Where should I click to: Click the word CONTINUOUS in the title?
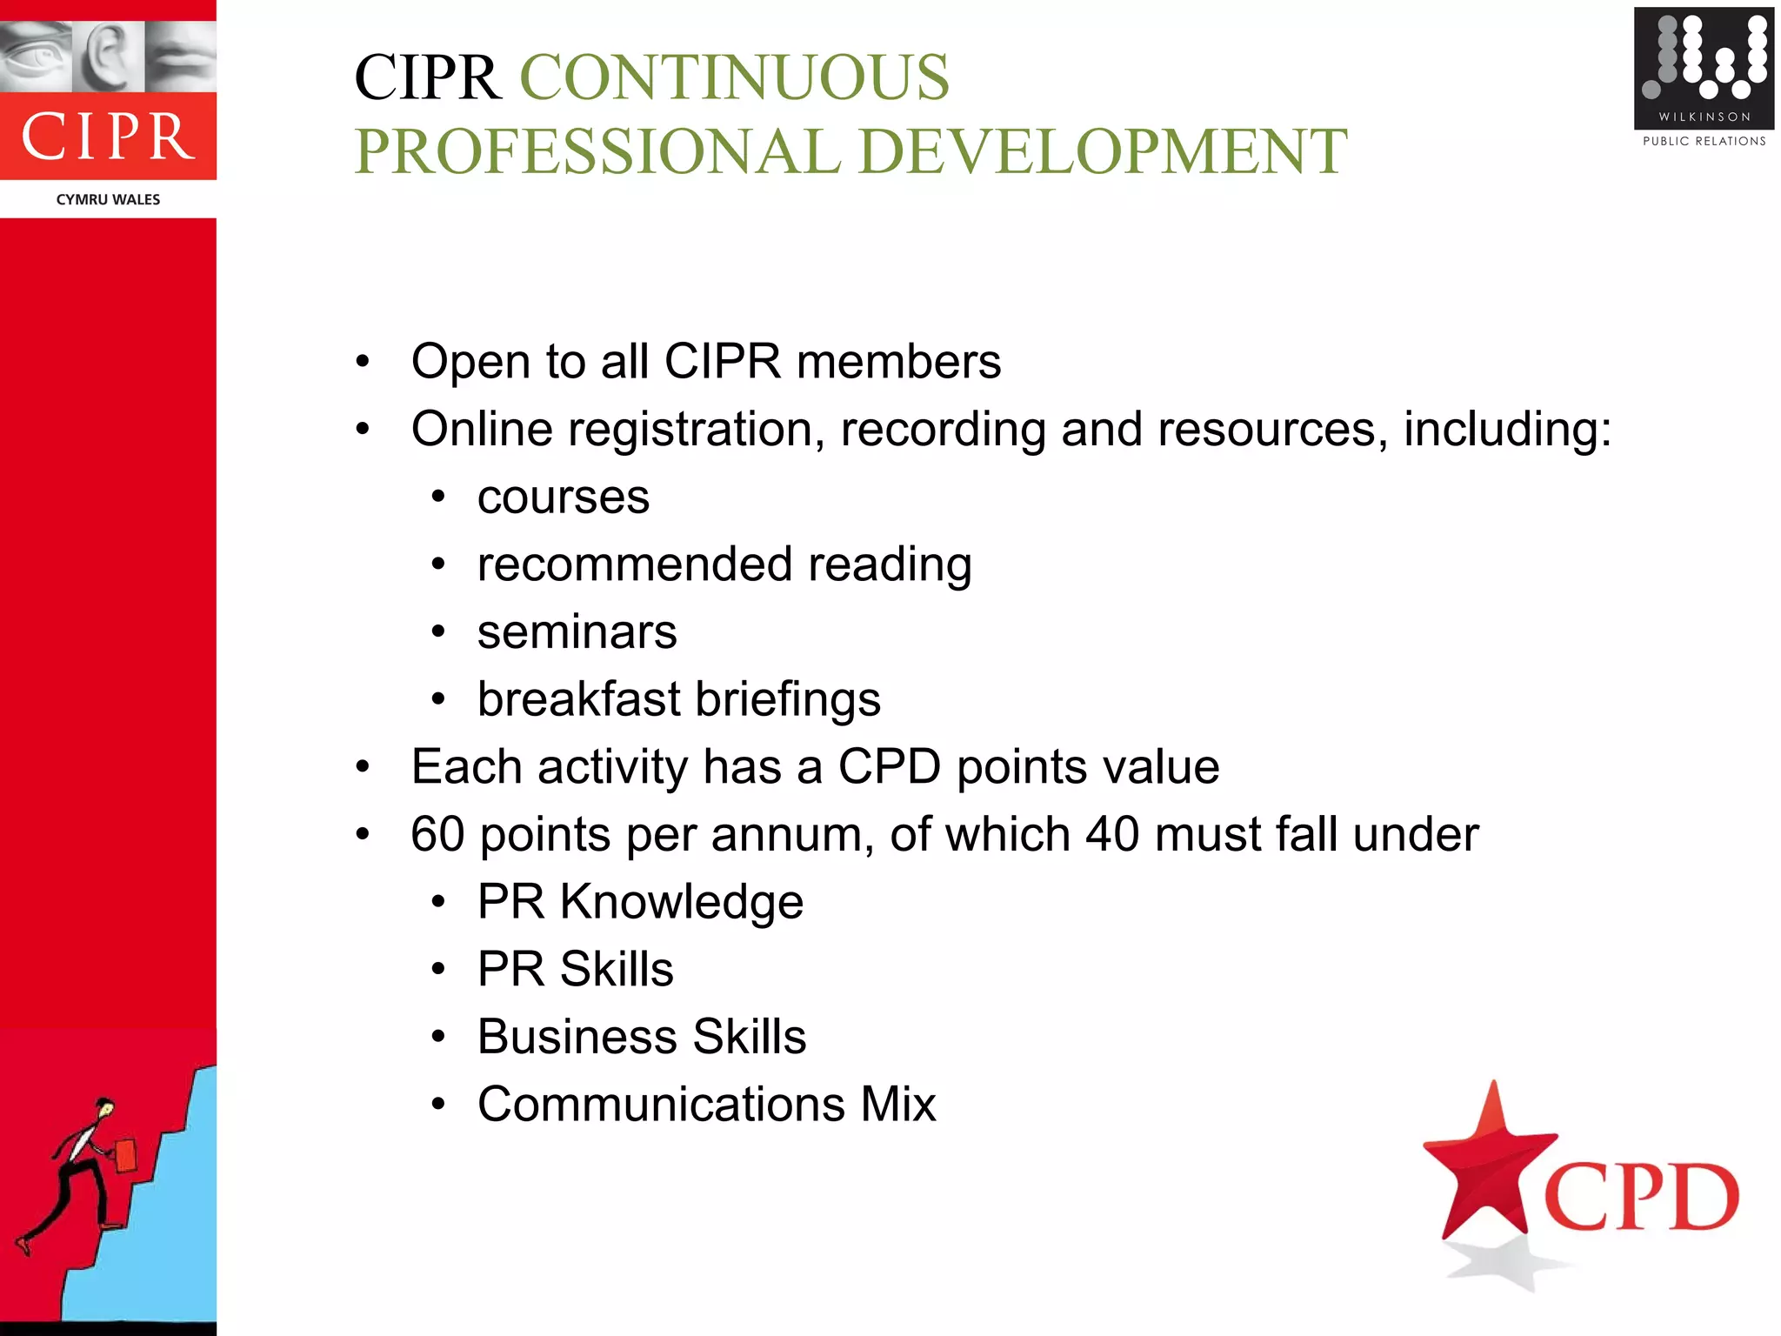[x=734, y=78]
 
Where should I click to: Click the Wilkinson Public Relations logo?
[x=1703, y=78]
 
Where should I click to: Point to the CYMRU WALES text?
[x=108, y=199]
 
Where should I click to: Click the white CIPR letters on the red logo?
[x=108, y=137]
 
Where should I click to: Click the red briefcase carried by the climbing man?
[x=125, y=1156]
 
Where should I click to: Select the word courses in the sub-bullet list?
[x=563, y=498]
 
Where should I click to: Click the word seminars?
[x=577, y=632]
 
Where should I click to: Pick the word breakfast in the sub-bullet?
[x=578, y=699]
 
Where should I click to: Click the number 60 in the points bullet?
[x=437, y=834]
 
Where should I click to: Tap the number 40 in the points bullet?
[x=1111, y=834]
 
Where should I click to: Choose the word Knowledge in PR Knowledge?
[x=681, y=902]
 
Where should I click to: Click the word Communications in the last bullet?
[x=661, y=1105]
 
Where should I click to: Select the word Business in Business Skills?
[x=577, y=1037]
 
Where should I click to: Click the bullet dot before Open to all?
[x=363, y=362]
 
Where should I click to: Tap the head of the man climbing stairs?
[x=105, y=1108]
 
